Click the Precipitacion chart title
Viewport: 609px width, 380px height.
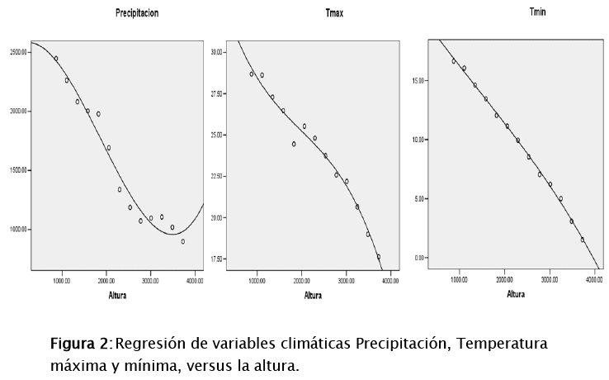point(137,14)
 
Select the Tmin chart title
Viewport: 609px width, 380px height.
point(513,12)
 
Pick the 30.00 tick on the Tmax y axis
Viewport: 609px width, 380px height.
point(217,52)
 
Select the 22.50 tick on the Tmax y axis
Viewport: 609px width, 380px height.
point(217,176)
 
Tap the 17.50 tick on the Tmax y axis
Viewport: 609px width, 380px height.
point(217,259)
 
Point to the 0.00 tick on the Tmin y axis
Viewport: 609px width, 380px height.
point(420,258)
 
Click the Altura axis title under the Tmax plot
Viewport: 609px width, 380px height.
point(313,295)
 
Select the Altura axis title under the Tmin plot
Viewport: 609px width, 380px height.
point(516,293)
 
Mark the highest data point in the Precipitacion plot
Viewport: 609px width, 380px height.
point(56,59)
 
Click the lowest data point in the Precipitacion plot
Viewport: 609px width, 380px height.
point(182,241)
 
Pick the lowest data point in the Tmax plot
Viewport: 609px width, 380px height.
point(379,257)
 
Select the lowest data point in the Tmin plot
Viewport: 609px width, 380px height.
point(582,240)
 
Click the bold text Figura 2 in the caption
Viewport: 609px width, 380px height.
point(79,344)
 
